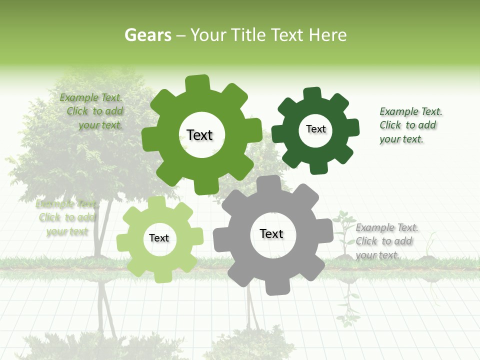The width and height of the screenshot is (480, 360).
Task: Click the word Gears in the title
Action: (147, 35)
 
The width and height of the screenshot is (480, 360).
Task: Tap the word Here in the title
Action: (327, 35)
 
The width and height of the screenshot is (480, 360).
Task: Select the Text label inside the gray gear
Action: (271, 234)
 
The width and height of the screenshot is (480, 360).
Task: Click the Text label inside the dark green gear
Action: (315, 129)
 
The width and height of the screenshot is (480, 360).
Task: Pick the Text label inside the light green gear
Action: (159, 238)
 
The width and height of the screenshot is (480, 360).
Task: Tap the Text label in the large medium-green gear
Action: (199, 135)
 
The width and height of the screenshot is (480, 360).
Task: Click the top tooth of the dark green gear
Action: (312, 94)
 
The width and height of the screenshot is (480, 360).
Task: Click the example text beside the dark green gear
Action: (410, 125)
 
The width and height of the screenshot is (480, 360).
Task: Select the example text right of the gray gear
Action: (386, 241)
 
